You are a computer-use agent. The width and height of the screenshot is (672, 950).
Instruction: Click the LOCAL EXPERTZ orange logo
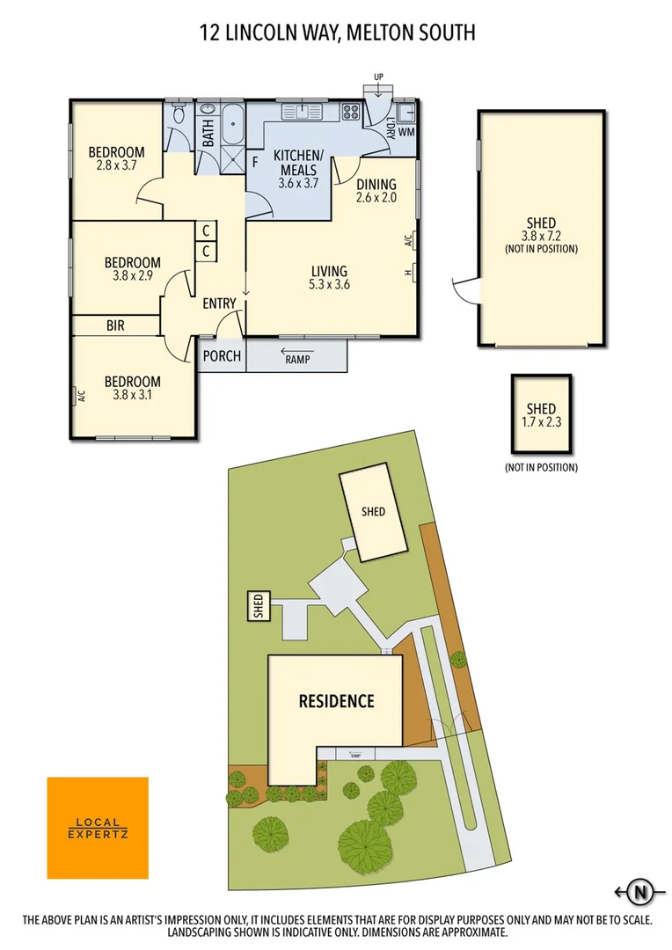click(97, 828)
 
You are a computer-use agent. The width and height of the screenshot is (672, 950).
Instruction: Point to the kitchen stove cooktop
click(351, 112)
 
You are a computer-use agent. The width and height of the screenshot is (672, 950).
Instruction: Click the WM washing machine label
click(405, 132)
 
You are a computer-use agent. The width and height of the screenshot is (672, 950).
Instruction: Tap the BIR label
click(115, 325)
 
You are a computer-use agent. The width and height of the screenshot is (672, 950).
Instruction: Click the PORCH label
click(222, 356)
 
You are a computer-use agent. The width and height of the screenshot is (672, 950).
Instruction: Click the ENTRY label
click(219, 303)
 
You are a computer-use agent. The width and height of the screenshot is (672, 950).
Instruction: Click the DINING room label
click(376, 184)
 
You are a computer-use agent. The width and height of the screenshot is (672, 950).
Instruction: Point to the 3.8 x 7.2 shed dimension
click(542, 236)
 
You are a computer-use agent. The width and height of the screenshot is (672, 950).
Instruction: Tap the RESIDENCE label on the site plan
click(336, 701)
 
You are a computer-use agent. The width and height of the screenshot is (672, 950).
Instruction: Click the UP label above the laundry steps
click(379, 77)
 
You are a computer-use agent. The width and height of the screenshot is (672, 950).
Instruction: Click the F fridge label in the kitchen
click(255, 162)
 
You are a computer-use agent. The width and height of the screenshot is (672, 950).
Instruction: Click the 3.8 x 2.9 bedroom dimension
click(132, 275)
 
